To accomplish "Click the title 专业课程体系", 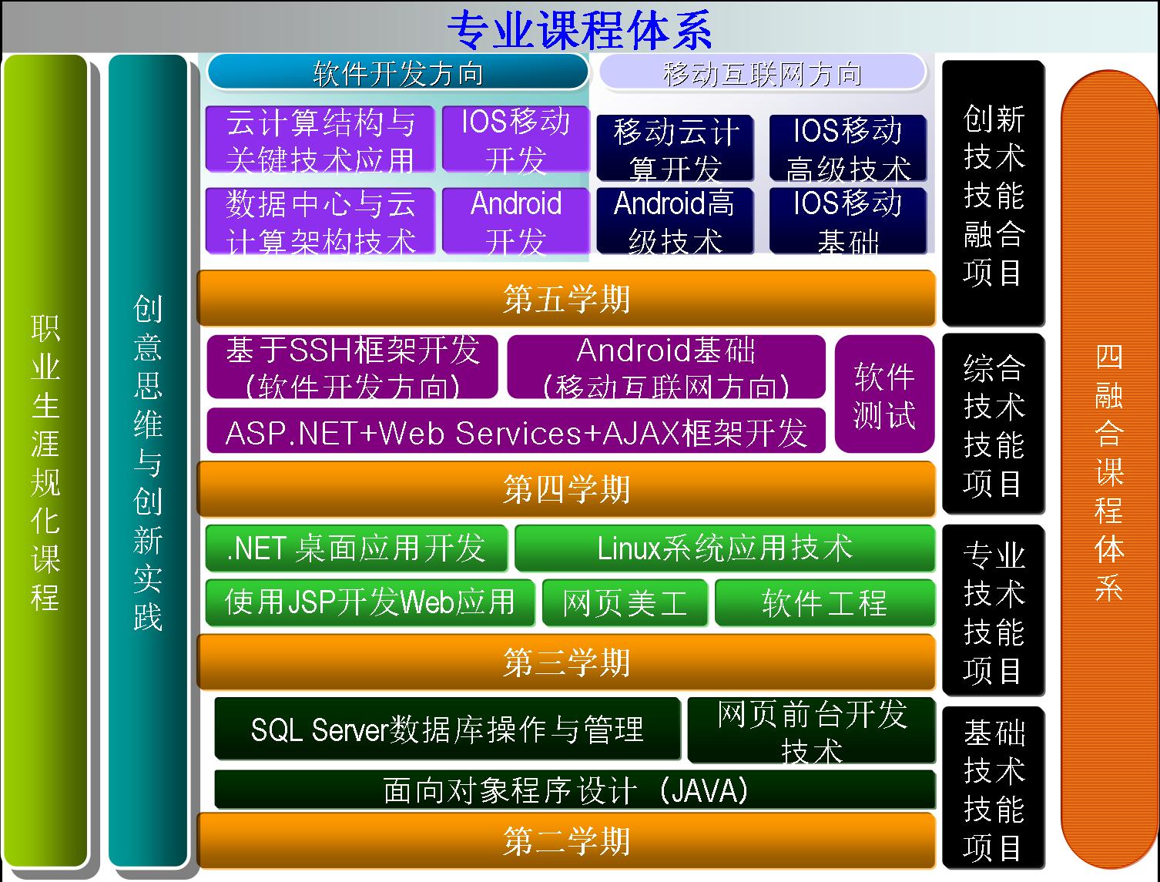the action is click(x=580, y=29).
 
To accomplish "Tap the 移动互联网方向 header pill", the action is click(x=762, y=72).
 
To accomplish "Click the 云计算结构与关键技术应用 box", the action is click(x=320, y=139).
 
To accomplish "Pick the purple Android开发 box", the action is click(x=516, y=221).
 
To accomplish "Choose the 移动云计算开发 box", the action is click(x=675, y=148).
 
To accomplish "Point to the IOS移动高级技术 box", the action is click(x=848, y=148).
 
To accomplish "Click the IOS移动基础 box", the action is click(x=848, y=221).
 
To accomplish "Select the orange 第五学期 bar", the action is click(x=566, y=298).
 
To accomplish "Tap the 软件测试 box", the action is click(x=884, y=394).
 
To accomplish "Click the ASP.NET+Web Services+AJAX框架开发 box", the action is click(x=516, y=431).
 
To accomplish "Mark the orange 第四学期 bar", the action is click(x=566, y=489).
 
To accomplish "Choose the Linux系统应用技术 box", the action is click(x=725, y=548).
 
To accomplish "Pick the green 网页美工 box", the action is click(x=625, y=602).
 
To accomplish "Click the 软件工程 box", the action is click(x=825, y=602).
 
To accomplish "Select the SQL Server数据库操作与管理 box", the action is click(x=447, y=729).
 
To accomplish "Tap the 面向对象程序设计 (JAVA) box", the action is click(x=575, y=790).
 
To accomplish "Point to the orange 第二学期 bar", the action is click(x=566, y=840).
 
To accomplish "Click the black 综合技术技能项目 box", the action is click(x=994, y=424).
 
